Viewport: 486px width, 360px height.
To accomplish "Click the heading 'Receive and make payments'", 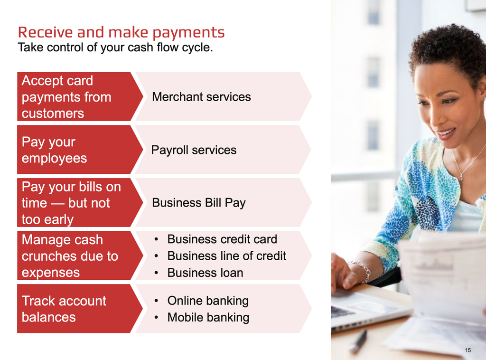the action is tap(121, 33).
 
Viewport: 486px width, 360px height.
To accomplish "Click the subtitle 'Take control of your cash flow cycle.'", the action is tap(115, 47).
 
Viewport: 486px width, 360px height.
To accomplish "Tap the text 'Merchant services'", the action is tap(201, 97).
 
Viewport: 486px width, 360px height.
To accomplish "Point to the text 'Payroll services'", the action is tap(194, 150).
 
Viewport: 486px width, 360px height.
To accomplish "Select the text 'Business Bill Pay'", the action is tap(199, 203).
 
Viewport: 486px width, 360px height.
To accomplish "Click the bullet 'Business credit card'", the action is tap(222, 239).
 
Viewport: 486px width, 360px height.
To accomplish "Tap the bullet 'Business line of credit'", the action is tap(226, 256).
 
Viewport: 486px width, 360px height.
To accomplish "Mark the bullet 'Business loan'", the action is tap(205, 273).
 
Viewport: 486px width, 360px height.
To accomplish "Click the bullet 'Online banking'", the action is tap(208, 301).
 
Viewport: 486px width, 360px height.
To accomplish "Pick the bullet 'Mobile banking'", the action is tap(208, 318).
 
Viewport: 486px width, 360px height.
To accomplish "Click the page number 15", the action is tap(467, 350).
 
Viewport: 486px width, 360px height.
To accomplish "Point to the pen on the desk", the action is tap(359, 341).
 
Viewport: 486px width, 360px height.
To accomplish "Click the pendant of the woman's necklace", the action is tap(461, 178).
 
